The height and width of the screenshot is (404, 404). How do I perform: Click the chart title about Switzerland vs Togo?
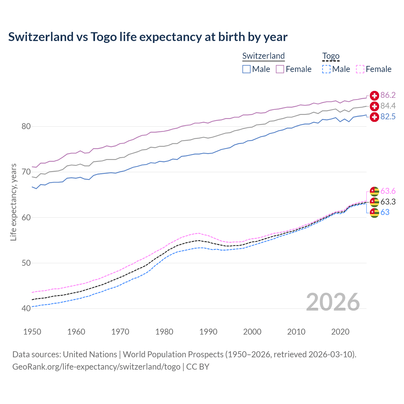[148, 37]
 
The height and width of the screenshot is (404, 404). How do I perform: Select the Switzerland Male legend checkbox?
[247, 69]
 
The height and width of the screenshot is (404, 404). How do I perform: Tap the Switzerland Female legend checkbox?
[280, 69]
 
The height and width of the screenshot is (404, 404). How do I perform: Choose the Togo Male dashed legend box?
[326, 69]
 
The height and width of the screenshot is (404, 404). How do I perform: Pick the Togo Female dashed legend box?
[360, 69]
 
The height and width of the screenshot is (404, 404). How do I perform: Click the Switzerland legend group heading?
[264, 56]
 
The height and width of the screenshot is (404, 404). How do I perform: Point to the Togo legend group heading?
[331, 56]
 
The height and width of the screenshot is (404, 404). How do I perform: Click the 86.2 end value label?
[388, 95]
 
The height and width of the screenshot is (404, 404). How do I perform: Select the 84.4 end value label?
[388, 106]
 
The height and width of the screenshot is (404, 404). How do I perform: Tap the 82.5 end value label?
[388, 117]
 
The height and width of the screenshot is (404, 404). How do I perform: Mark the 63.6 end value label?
[388, 191]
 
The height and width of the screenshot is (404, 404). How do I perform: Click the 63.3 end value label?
[388, 202]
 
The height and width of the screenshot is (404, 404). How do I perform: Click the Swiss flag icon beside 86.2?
[374, 96]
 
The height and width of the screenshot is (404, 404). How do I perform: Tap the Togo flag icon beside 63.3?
[374, 202]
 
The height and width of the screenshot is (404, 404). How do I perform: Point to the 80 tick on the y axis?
[26, 127]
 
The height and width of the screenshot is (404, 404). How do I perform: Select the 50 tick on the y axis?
[26, 263]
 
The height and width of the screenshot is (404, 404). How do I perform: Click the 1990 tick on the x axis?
[208, 332]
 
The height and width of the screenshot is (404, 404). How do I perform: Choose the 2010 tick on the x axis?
[296, 332]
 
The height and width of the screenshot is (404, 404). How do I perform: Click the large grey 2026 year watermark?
[333, 302]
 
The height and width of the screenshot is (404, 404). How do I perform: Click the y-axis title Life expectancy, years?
[14, 202]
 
